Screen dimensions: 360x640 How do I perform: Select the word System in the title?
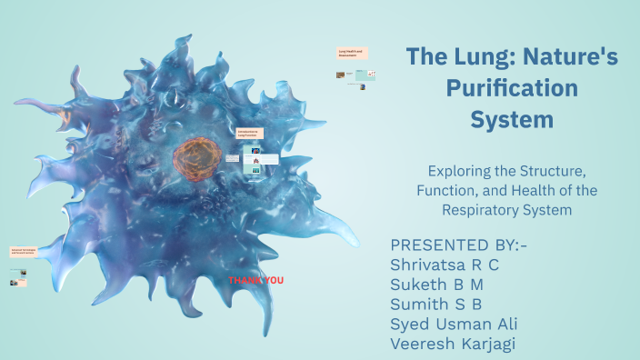512,119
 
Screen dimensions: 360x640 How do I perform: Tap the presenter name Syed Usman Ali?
455,325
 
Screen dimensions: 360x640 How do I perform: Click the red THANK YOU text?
255,280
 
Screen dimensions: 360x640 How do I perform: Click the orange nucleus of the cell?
192,157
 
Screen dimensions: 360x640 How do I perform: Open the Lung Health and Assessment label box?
351,54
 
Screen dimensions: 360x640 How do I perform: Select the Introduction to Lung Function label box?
248,134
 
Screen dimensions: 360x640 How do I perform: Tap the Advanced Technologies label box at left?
24,250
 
